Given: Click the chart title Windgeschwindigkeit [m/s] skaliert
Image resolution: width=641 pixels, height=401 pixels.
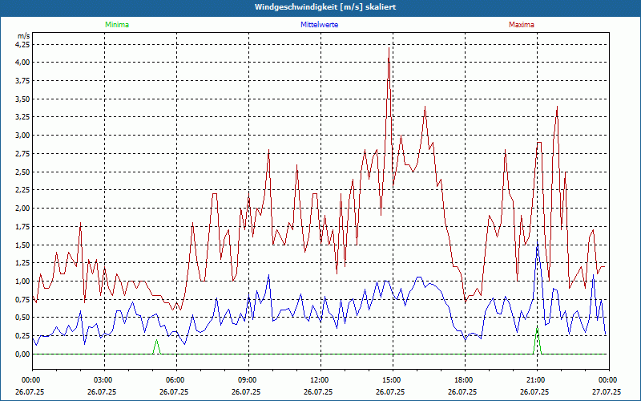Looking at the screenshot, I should [x=320, y=6].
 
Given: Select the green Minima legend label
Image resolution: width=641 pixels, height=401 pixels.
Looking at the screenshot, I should [x=116, y=25].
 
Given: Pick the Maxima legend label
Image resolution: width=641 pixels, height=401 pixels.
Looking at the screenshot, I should [x=521, y=25].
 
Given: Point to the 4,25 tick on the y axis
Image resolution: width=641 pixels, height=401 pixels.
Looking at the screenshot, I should [x=22, y=44].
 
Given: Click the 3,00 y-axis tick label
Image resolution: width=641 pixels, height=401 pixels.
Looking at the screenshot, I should [x=22, y=135].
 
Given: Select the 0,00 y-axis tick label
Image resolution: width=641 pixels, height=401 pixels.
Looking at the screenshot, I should [x=22, y=354].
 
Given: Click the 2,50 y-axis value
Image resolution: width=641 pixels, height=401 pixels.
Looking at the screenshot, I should [x=22, y=172].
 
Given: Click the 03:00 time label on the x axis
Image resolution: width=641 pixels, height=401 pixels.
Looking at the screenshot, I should [x=103, y=380].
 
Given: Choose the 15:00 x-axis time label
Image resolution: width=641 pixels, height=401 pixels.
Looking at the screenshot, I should [x=392, y=380].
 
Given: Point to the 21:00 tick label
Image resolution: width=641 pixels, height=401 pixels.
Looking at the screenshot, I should [x=536, y=380].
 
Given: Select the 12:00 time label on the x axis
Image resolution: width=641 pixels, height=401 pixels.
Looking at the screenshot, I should [x=320, y=380].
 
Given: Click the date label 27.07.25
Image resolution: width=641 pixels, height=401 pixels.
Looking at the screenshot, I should [x=607, y=392].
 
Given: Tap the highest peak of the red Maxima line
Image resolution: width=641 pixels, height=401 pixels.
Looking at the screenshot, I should [x=389, y=48].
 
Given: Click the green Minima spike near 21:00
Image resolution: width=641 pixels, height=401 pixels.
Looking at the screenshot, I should [x=537, y=330].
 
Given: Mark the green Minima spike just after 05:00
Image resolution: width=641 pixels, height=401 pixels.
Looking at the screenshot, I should [x=156, y=342].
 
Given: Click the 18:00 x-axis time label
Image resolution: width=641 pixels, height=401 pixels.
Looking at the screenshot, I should [x=464, y=380].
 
